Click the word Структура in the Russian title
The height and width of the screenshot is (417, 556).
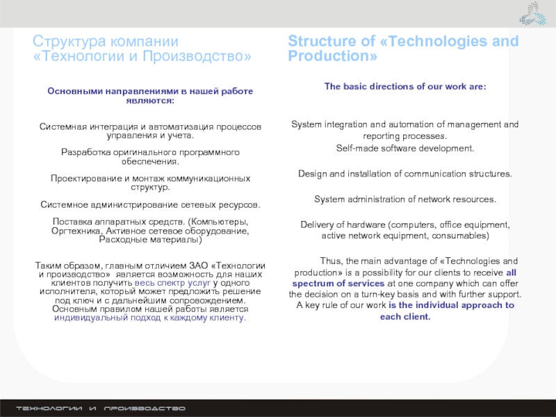click(67, 42)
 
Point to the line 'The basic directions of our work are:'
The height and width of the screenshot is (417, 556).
click(404, 86)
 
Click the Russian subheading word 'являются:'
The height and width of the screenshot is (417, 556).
click(149, 101)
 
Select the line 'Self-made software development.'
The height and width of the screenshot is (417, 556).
click(404, 148)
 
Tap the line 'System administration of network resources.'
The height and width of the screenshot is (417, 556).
click(404, 199)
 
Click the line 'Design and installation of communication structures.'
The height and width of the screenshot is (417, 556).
click(404, 173)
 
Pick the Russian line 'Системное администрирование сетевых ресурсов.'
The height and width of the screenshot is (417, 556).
click(149, 205)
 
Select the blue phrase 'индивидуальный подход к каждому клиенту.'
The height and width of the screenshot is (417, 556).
click(149, 318)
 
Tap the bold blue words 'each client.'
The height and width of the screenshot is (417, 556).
click(405, 316)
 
